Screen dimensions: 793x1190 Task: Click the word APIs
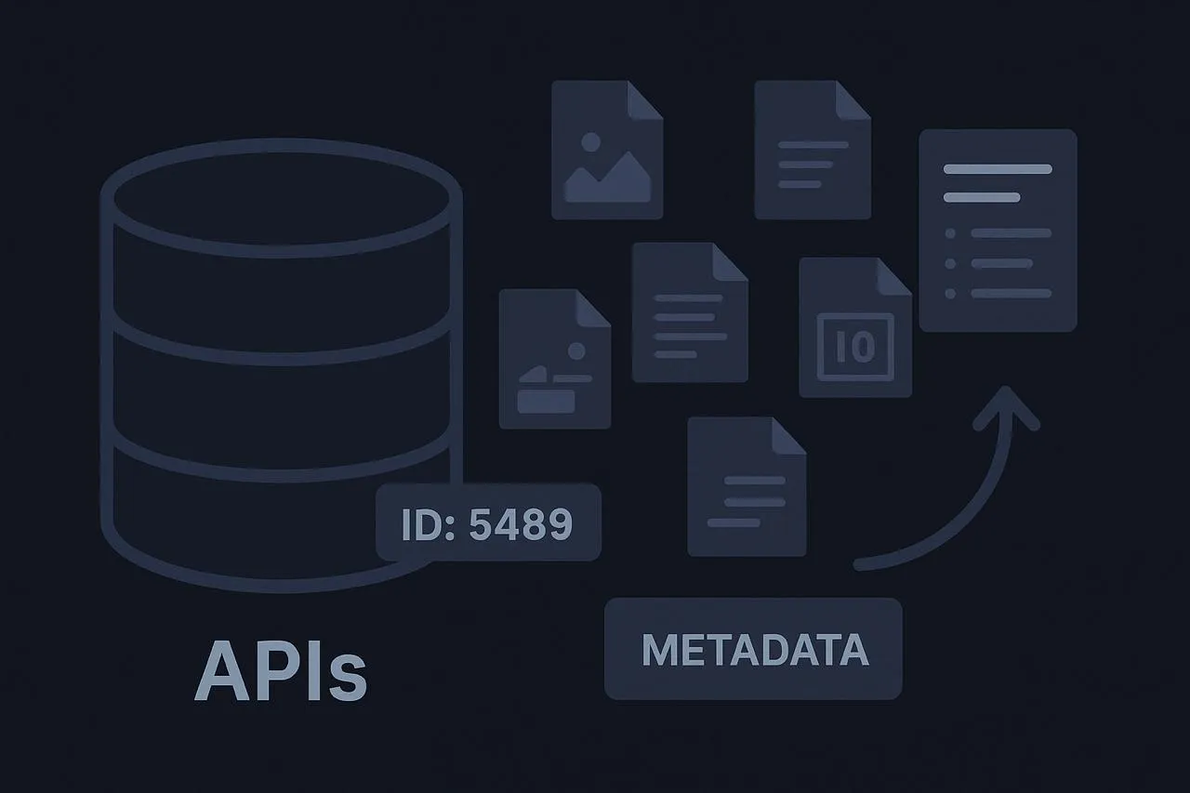coord(281,670)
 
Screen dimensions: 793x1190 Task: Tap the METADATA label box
coord(753,648)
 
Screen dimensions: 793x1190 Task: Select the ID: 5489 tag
coord(488,522)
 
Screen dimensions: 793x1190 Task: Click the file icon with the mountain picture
coord(606,151)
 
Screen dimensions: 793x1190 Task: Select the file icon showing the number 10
coord(854,327)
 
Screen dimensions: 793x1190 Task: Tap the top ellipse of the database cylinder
coord(281,198)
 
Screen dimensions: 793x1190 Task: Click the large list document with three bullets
coord(998,231)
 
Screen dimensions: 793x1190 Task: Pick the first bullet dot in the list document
coord(950,233)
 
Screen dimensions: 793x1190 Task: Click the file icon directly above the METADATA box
coord(746,487)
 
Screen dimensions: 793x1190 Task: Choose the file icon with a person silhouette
coord(554,359)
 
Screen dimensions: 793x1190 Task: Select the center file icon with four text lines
coord(689,313)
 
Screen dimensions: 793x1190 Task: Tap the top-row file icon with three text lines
coord(812,151)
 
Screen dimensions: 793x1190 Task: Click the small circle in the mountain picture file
coord(588,143)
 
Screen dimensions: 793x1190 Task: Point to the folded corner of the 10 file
coord(894,276)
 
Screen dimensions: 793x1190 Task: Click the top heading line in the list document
coord(997,169)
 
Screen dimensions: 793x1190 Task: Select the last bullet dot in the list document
coord(950,294)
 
